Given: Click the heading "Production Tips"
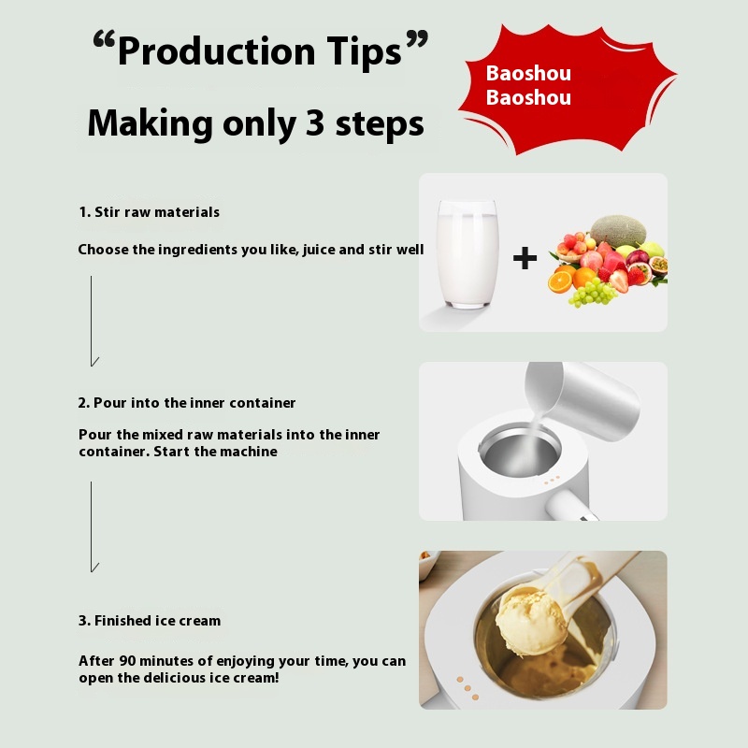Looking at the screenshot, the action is pos(261,50).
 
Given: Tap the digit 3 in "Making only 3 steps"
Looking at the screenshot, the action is pos(315,122).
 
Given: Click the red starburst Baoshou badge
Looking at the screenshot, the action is pos(567,90).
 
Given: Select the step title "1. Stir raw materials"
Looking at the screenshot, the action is pos(150,212).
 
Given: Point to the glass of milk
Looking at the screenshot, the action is pos(467,253).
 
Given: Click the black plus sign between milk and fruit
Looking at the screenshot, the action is pos(525,258).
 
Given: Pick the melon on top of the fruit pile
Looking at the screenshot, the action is pos(618,231).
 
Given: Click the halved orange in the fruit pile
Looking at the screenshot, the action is pos(559,281).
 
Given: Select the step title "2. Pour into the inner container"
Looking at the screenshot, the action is pos(186,403).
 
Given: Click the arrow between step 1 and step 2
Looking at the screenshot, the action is pos(92,321).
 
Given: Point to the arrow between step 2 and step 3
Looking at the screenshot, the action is pos(92,526).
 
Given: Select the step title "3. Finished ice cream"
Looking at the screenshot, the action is pos(150,621).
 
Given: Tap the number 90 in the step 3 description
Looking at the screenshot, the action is pos(127,661).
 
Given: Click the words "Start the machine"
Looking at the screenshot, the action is pos(215,452).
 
